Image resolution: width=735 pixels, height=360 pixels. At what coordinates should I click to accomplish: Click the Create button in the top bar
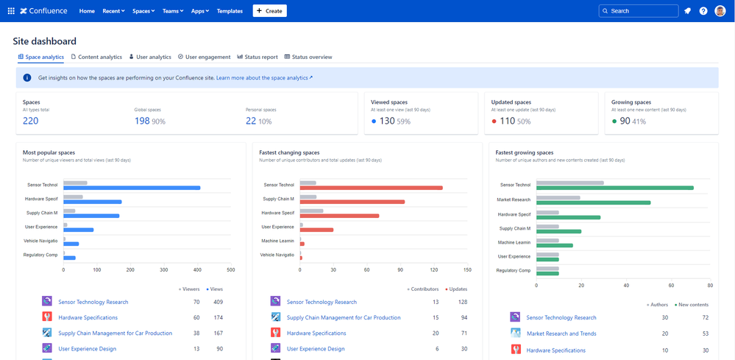269,11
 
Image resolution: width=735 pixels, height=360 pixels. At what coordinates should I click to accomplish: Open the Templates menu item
230,11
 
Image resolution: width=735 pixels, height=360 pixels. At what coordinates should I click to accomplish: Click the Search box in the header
639,11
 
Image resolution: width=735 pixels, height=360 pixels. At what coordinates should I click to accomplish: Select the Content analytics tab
96,57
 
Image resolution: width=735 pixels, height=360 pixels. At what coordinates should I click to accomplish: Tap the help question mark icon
703,11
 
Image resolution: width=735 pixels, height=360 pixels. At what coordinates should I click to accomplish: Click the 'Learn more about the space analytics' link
264,77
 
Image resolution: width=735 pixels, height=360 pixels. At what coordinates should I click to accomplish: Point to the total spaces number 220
30,121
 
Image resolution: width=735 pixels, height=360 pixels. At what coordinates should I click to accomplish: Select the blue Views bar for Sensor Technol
132,188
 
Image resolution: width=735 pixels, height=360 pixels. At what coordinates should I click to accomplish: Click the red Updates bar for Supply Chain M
352,202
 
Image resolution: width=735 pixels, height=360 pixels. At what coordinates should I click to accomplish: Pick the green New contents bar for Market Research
593,202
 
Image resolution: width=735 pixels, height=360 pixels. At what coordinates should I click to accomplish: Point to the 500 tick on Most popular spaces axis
230,270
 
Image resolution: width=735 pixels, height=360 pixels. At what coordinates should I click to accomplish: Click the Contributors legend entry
423,289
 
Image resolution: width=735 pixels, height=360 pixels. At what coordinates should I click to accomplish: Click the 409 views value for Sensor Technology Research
218,302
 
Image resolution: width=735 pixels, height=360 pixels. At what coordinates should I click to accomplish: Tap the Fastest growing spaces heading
525,152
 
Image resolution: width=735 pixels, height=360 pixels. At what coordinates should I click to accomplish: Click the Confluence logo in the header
44,11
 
